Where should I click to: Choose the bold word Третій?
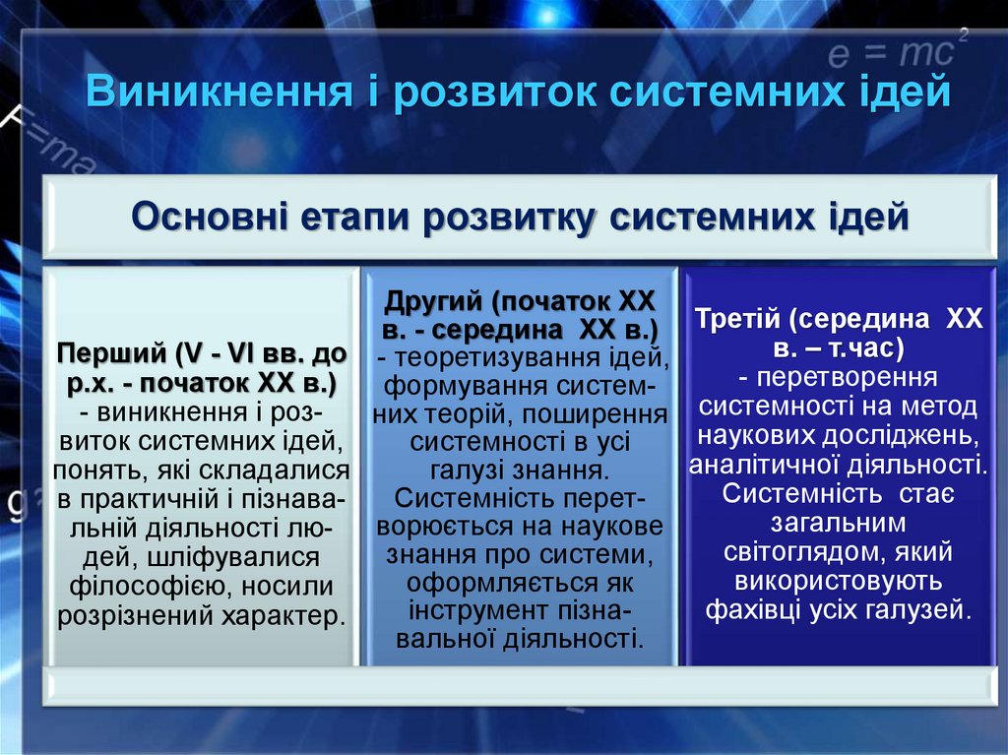click(x=742, y=321)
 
